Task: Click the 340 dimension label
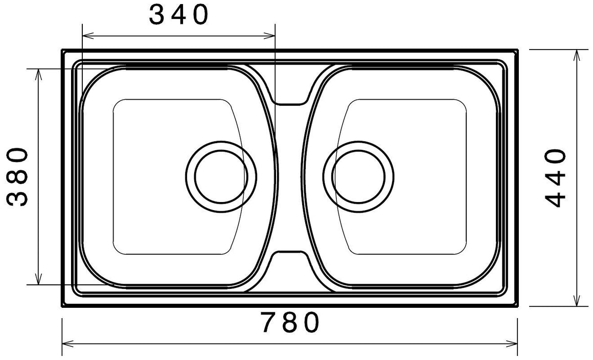(178, 15)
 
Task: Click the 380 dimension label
(17, 176)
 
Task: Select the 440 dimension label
(556, 178)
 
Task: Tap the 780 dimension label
(290, 323)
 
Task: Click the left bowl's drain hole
(221, 176)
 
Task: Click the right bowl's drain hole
(358, 176)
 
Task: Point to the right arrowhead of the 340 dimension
(269, 36)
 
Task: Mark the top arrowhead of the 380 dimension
(38, 75)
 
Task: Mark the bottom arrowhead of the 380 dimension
(38, 278)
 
